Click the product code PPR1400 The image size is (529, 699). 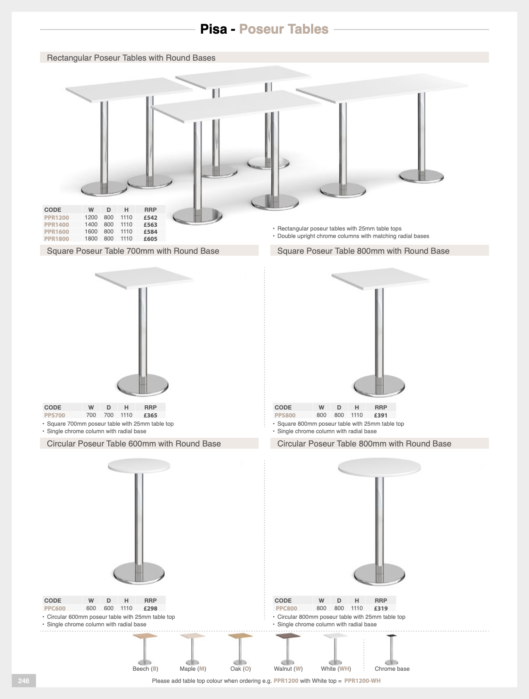point(56,225)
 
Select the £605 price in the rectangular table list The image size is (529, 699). point(150,239)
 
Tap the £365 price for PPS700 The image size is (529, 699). point(150,415)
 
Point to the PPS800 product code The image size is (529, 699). point(285,415)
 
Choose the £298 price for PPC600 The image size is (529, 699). point(150,608)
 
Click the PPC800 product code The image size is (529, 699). point(286,608)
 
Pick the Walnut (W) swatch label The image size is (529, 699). point(288,669)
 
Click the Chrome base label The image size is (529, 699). point(392,669)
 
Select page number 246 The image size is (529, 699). point(24,681)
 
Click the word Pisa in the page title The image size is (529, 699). point(214,29)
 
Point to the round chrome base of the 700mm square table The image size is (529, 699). point(142,386)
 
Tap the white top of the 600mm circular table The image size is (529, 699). point(139,466)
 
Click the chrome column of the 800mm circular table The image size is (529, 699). point(379,519)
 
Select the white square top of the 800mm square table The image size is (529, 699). point(380,278)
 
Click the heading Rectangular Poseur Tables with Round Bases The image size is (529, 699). point(131,58)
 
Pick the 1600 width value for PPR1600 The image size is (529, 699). point(91,232)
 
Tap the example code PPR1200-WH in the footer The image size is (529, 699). point(362,681)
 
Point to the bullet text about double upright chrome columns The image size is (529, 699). point(353,236)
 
